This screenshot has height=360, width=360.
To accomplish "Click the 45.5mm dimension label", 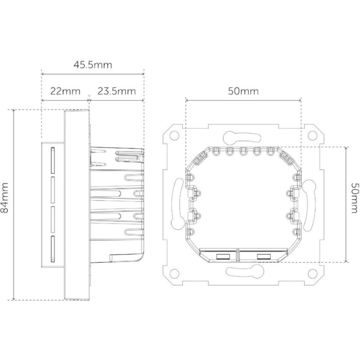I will click(x=92, y=64).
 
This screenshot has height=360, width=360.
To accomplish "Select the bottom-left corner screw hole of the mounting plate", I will click(x=174, y=273).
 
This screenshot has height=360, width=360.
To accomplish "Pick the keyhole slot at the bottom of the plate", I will click(x=243, y=271).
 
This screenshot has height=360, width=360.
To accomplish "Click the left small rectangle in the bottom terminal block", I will click(x=221, y=256).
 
